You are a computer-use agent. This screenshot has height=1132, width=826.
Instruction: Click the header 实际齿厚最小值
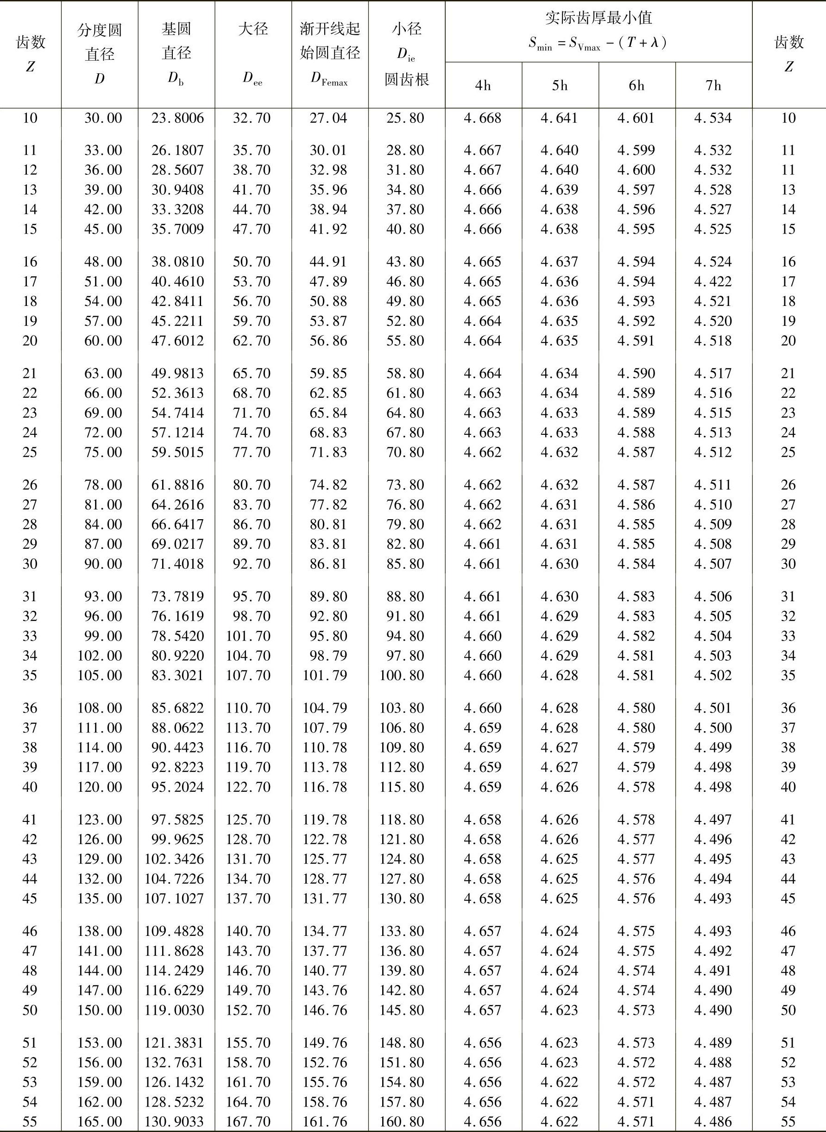pos(599,19)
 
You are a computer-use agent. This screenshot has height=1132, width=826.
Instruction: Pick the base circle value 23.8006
pos(177,118)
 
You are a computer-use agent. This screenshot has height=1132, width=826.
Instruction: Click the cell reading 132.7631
pos(175,1062)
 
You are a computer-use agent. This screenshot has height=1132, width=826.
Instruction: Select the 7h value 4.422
pos(713,282)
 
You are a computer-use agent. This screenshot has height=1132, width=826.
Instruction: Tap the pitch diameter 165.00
pos(100,1121)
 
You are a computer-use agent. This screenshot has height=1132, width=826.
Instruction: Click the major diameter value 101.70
pos(248,636)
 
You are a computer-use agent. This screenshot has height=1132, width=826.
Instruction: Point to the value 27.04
pos(328,118)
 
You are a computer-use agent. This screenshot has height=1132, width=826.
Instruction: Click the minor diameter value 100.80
pos(402,675)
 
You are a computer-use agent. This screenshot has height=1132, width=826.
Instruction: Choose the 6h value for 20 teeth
pos(636,341)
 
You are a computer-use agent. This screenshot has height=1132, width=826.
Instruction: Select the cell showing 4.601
pos(636,118)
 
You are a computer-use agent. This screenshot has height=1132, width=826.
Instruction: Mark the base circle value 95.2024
pos(177,787)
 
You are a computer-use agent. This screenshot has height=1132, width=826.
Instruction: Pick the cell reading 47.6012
pos(177,341)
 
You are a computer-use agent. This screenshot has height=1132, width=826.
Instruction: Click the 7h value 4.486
pos(713,1121)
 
